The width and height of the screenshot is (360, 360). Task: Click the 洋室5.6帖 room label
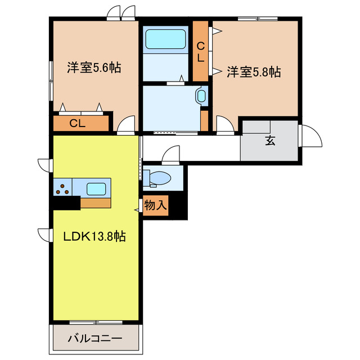[94, 67]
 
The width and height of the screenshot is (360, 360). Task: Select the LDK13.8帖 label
[94, 236]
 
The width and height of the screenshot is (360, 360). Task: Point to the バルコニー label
[94, 339]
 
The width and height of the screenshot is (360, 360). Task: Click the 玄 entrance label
[270, 140]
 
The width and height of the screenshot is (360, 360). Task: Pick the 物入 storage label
[155, 205]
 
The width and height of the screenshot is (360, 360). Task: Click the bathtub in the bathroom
[166, 39]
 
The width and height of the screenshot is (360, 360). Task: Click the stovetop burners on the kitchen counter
[65, 187]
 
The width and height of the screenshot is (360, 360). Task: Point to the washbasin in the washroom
[201, 96]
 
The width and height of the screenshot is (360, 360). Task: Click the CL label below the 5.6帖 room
[77, 123]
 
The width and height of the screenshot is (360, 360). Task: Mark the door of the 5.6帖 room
[126, 124]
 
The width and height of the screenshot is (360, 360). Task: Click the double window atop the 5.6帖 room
[122, 12]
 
